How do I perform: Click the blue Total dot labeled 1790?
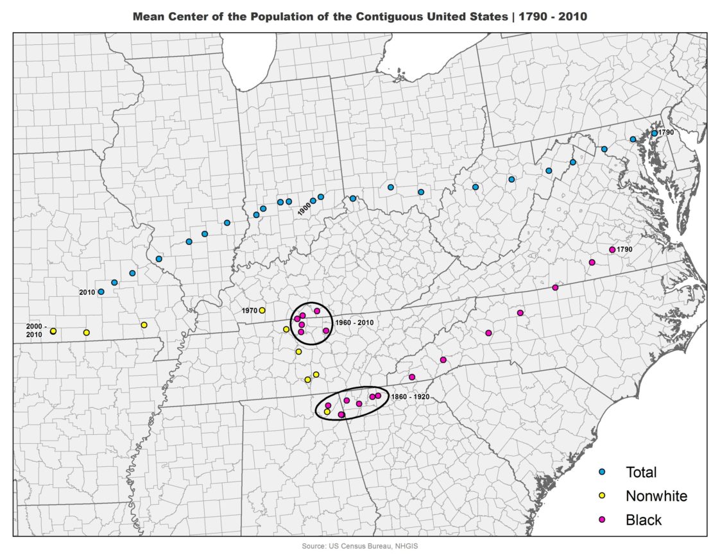click(654, 133)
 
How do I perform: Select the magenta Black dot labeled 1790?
click(612, 249)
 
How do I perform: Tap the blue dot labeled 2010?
click(101, 292)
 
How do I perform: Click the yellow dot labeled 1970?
click(262, 310)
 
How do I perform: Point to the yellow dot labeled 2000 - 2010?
click(53, 331)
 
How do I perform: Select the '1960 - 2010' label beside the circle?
click(354, 323)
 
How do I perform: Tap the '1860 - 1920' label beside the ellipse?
click(410, 397)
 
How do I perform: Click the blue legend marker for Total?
click(602, 472)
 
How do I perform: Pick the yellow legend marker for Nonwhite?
click(602, 496)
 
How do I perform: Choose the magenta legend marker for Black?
click(602, 519)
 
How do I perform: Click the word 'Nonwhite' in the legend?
click(656, 496)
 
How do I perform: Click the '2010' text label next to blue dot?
click(87, 292)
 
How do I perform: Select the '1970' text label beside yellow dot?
click(249, 310)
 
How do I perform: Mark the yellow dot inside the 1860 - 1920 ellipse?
click(327, 412)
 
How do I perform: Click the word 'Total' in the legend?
click(641, 472)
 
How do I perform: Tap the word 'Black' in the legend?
click(643, 519)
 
